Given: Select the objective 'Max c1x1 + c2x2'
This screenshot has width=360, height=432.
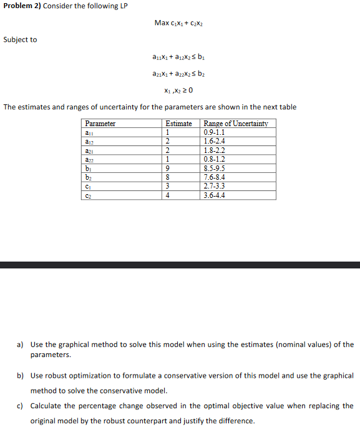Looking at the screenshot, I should pyautogui.click(x=180, y=23).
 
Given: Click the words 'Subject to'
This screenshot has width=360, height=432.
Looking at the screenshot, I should pyautogui.click(x=20, y=39).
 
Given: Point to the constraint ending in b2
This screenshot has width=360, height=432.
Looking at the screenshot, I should pyautogui.click(x=179, y=74).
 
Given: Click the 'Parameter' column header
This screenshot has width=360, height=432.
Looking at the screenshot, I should pyautogui.click(x=100, y=124).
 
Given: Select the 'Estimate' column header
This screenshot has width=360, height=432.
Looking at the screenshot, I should pyautogui.click(x=178, y=124).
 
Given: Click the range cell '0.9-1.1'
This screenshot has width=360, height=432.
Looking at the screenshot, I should pyautogui.click(x=215, y=132).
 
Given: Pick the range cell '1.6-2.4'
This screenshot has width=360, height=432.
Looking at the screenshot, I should pyautogui.click(x=215, y=141).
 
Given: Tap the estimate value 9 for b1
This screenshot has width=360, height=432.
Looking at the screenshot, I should pyautogui.click(x=167, y=168).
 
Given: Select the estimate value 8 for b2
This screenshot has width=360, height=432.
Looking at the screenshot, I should pyautogui.click(x=167, y=177).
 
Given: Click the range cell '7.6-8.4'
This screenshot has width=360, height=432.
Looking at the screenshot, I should pyautogui.click(x=215, y=177).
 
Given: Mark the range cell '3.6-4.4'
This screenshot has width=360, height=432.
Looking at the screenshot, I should pyautogui.click(x=215, y=195).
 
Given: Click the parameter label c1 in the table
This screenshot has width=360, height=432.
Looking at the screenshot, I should pyautogui.click(x=88, y=186).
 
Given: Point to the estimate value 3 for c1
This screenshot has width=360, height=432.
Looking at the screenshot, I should pyautogui.click(x=167, y=186).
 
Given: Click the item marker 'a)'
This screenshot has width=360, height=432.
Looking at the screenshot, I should pyautogui.click(x=21, y=345).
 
